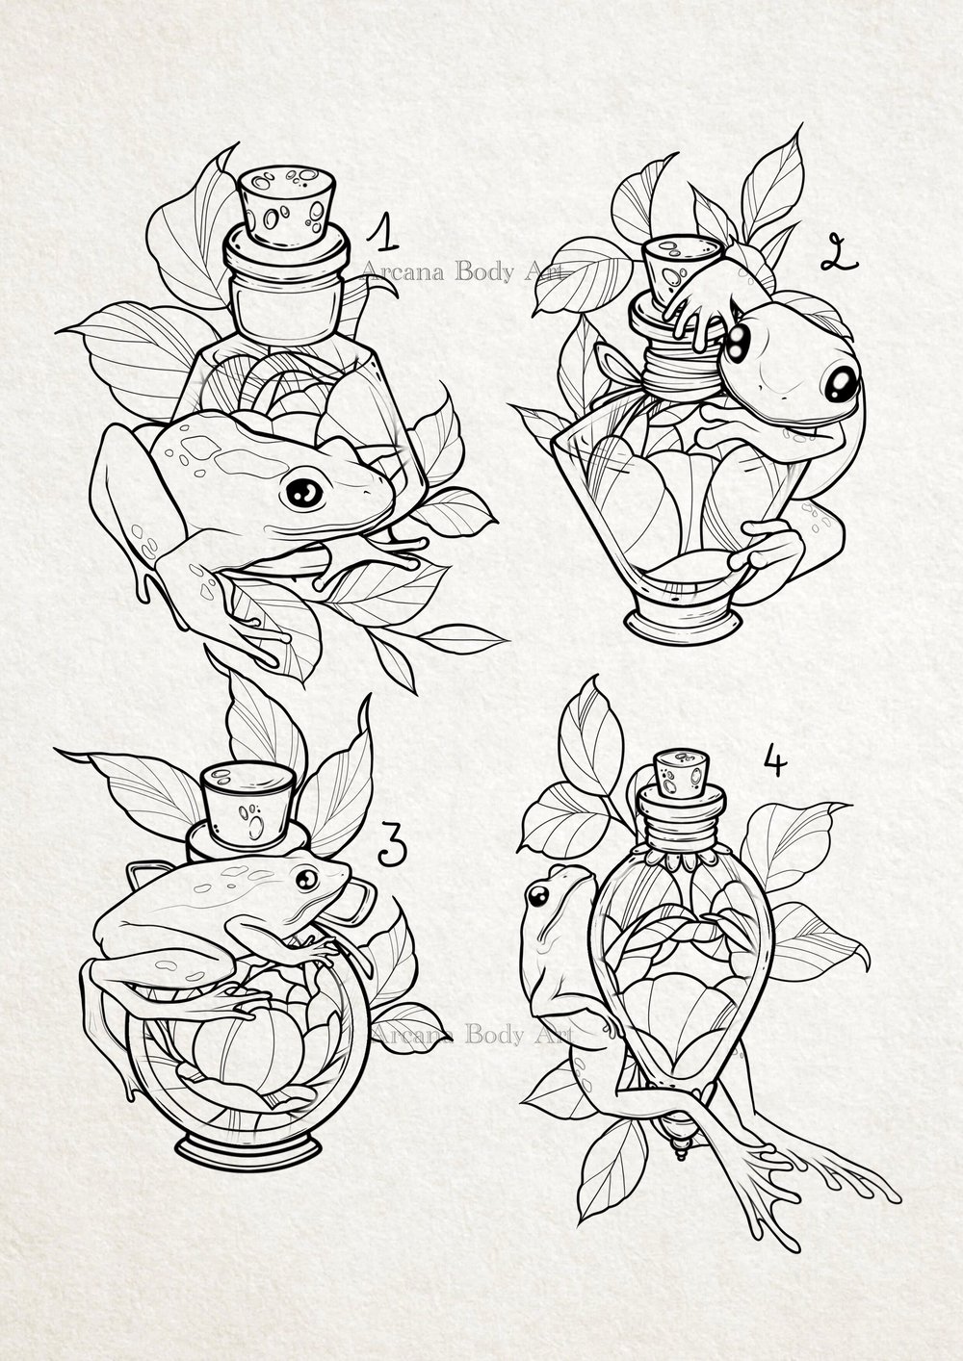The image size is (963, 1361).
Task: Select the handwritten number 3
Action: click(x=391, y=844)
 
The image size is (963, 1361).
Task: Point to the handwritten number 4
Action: click(x=774, y=765)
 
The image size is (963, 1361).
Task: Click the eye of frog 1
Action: click(x=304, y=493)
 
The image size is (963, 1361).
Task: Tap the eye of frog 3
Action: click(x=306, y=879)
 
